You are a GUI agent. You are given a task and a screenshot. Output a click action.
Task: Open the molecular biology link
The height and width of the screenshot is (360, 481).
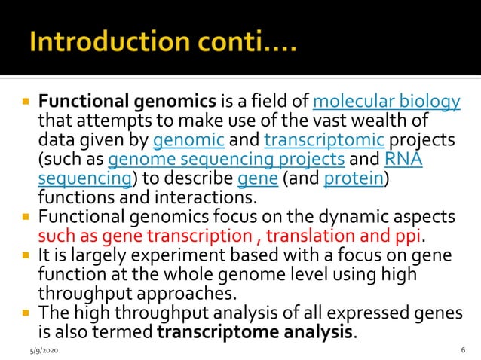click(385, 101)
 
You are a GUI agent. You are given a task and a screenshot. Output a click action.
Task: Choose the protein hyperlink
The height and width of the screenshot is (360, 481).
click(350, 179)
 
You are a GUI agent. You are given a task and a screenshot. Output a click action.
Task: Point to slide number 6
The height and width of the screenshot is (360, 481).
click(462, 350)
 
